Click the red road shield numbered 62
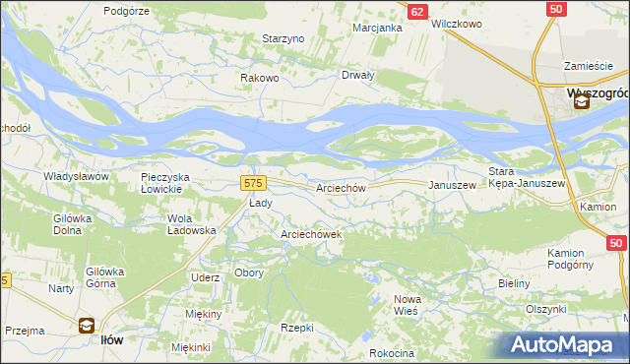417,11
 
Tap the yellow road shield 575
253,183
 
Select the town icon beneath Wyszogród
582,100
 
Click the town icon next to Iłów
86,326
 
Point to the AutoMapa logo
567,345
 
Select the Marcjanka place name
378,28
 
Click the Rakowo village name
261,78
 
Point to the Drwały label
357,76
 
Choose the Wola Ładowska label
192,224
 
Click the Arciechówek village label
311,234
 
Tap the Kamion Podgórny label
577,259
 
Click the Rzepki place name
296,328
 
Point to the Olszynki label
549,308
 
